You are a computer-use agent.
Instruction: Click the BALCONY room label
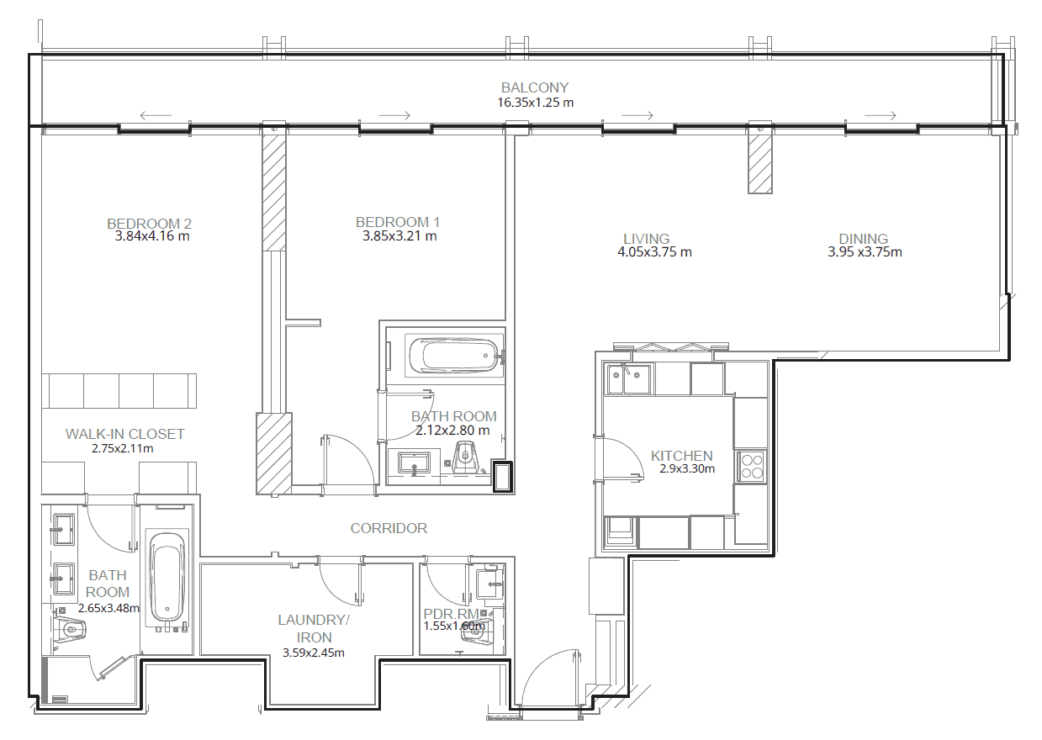coord(535,87)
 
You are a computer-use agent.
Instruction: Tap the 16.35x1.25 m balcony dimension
coord(536,103)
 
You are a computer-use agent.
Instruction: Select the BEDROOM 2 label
coord(150,223)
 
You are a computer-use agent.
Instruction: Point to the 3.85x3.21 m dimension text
coord(399,235)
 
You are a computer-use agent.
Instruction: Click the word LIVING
coord(647,239)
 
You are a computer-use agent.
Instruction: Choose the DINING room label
coord(864,239)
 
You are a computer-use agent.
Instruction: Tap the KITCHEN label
coord(682,455)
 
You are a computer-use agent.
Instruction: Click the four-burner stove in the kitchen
coord(751,467)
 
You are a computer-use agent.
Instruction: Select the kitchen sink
coord(629,378)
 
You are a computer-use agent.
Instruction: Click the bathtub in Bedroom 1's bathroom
coord(454,356)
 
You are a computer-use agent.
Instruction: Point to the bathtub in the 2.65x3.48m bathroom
coord(167,579)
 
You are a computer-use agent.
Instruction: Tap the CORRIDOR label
coord(389,528)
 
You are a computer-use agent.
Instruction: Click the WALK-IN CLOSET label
coord(125,434)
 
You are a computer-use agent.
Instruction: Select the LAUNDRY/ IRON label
coord(314,628)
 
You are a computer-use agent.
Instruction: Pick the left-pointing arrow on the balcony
coord(156,115)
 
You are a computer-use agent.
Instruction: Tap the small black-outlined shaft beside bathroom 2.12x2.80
coord(502,477)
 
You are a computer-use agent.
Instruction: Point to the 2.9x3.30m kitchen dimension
coord(687,468)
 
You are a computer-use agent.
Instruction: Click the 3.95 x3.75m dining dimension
coord(865,251)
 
